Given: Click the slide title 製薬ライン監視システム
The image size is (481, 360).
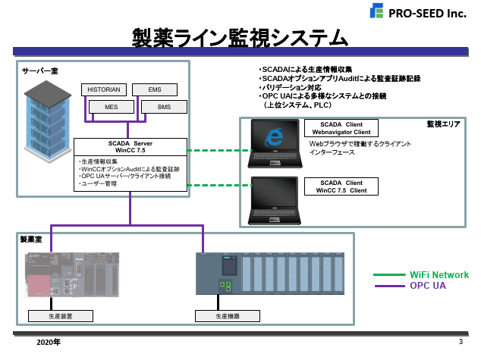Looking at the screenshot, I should coord(240,37).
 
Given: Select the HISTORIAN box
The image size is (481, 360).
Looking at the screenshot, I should coord(104,89).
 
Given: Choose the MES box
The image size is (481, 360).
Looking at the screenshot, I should coord(112,107).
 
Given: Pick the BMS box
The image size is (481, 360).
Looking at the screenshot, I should coord(164,107).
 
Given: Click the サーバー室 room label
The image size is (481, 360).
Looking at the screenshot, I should coord(40,70).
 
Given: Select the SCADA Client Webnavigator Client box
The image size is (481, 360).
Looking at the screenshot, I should coord(341,127).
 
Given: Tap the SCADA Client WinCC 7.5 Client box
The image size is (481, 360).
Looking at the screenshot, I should coord(341,186).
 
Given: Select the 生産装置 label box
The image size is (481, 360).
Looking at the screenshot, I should coord(59,315).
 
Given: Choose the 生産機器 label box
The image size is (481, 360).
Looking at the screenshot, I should coord(226,315).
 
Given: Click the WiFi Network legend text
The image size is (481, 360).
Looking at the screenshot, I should coord(439,275).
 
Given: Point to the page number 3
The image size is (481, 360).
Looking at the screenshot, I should coord(461,342).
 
